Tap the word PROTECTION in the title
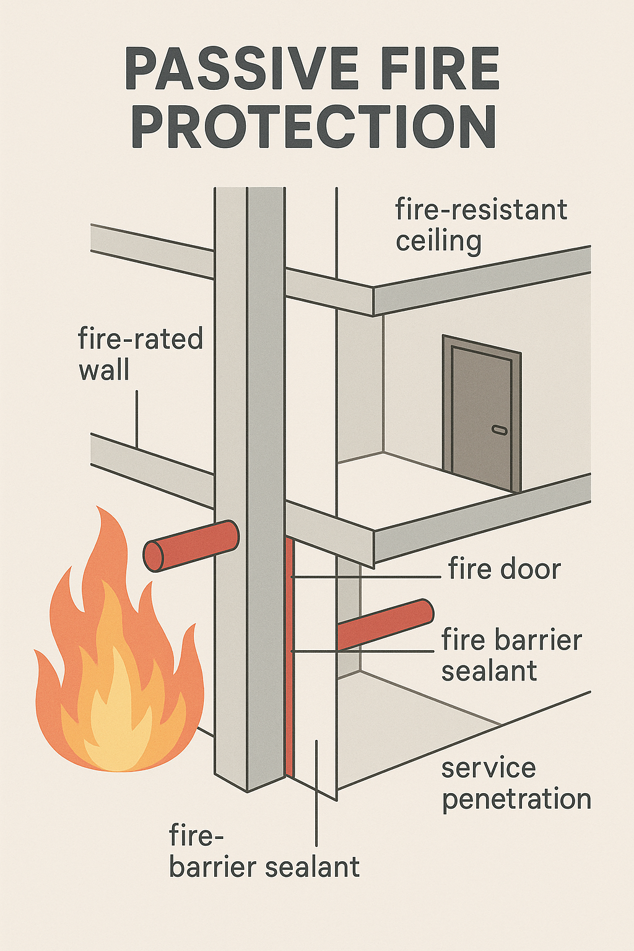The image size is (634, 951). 314,126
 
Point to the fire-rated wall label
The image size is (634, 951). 141,355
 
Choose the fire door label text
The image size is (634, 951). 505,569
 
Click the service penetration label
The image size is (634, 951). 516,783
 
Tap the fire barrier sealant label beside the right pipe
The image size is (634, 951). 511,655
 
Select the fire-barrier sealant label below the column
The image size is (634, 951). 264,852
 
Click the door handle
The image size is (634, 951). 499,429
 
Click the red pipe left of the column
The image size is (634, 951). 192,545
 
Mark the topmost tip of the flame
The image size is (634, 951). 100,508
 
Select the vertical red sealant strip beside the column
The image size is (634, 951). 289,656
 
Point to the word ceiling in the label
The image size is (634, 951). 438,241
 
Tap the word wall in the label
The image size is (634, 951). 104,370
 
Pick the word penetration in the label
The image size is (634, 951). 516,799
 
